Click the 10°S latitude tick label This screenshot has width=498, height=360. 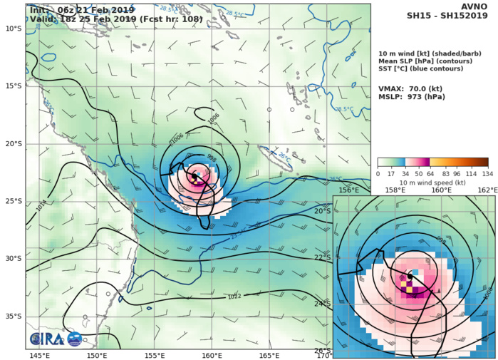[x=13, y=28]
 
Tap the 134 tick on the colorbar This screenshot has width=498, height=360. [x=488, y=173]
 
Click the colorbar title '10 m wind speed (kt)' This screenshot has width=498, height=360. [x=432, y=182]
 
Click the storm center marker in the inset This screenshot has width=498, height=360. [x=410, y=275]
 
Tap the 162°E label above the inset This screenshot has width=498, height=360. [x=487, y=190]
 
